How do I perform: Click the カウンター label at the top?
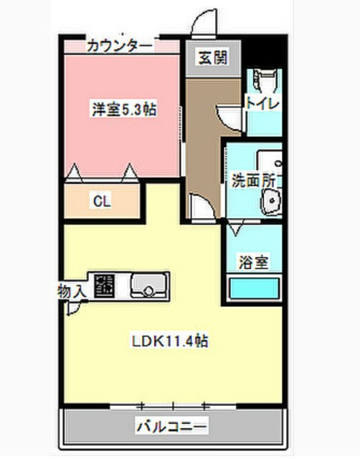point(120,46)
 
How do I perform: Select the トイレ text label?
point(264,103)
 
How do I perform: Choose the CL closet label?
point(101,201)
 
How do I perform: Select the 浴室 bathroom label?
point(253,262)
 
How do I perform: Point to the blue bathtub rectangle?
point(253,289)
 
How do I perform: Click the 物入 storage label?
point(72,290)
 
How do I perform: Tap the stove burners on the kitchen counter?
point(105,285)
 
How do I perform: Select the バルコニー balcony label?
point(172,427)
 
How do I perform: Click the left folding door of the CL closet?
point(72,172)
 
